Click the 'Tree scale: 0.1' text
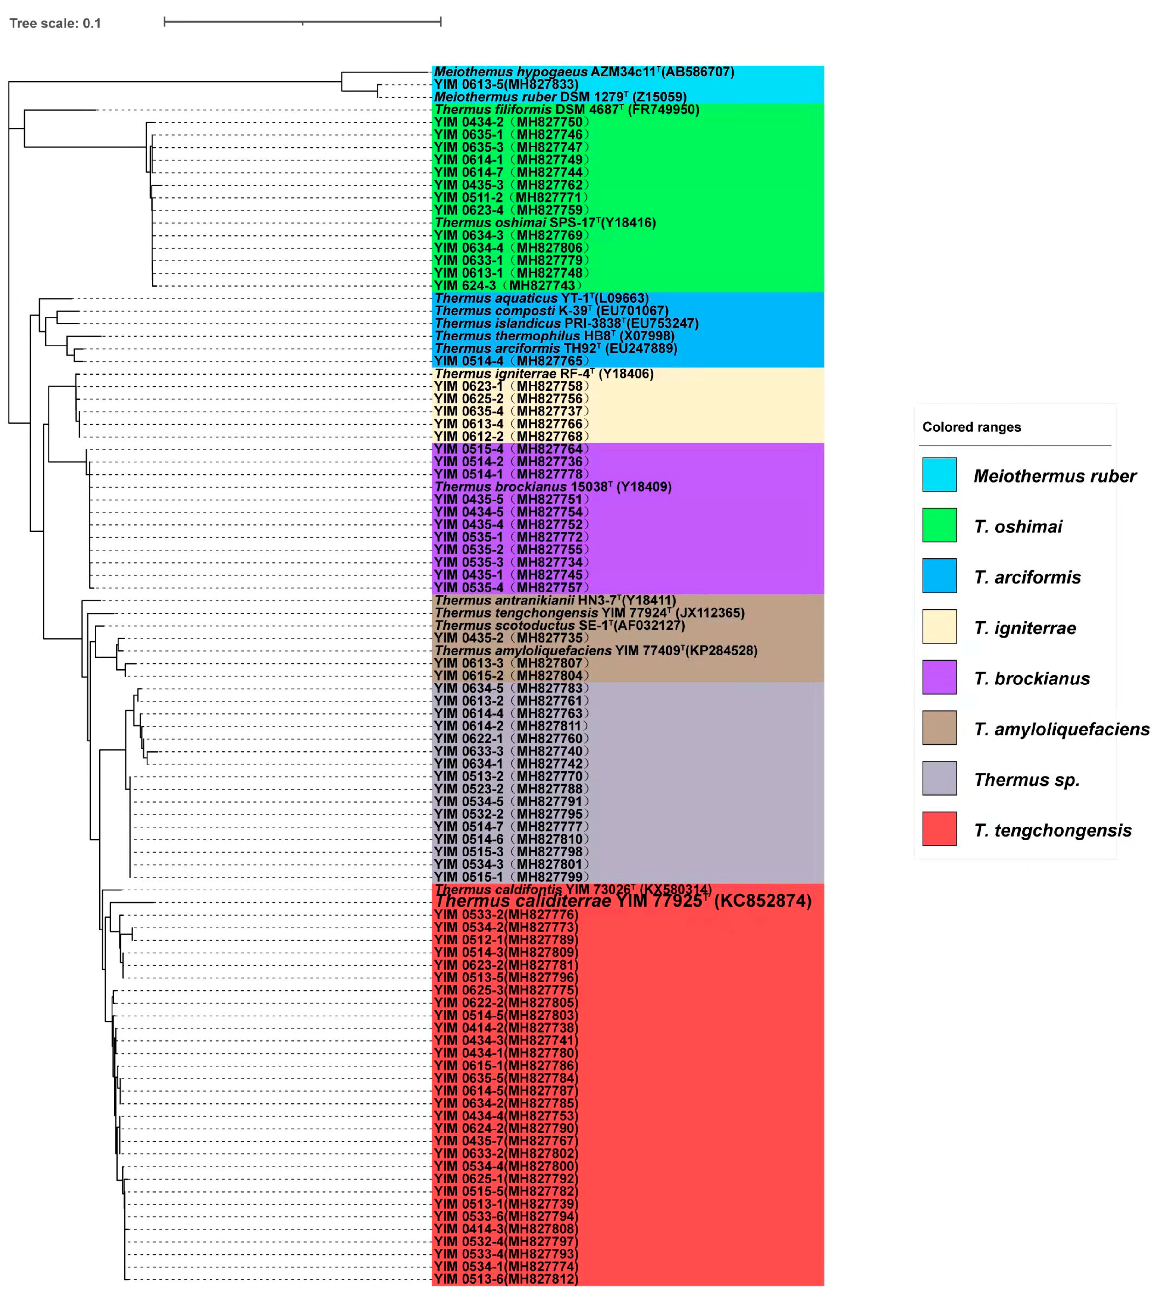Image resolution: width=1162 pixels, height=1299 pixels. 55,24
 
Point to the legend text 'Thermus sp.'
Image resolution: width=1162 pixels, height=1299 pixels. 1026,779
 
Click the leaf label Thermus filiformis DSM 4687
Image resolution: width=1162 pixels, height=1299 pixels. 566,110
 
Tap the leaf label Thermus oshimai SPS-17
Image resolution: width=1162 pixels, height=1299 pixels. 544,223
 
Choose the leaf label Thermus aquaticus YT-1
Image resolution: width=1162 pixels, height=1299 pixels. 541,298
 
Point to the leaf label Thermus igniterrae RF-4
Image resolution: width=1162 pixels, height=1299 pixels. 543,374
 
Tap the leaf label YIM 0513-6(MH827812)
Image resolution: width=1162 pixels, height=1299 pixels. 506,1279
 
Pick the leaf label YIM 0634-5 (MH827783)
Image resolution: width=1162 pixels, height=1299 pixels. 511,688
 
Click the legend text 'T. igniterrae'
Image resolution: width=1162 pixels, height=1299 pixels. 1025,628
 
